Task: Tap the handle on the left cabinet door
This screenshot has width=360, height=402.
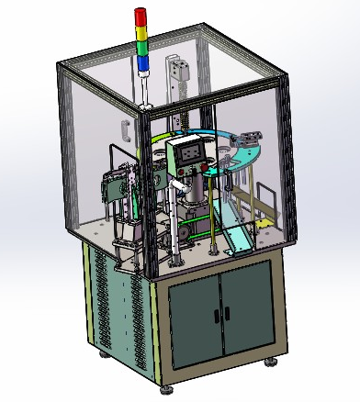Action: click(217, 315)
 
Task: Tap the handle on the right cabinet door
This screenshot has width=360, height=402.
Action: click(227, 313)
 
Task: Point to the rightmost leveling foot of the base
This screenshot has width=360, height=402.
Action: click(273, 360)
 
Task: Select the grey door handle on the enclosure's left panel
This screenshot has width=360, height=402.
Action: click(123, 128)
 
